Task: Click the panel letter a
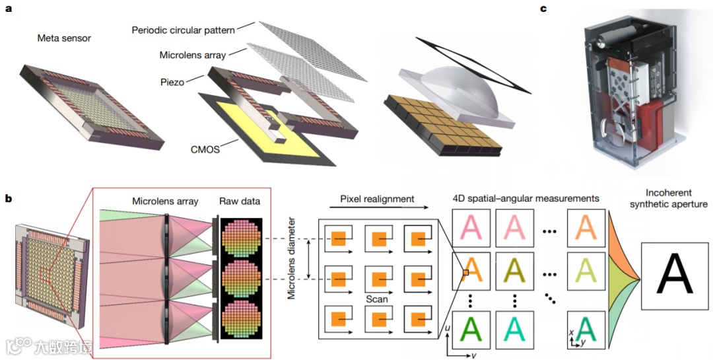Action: click(x=8, y=9)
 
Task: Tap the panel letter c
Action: click(x=543, y=9)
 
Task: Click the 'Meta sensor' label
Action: click(x=64, y=38)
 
